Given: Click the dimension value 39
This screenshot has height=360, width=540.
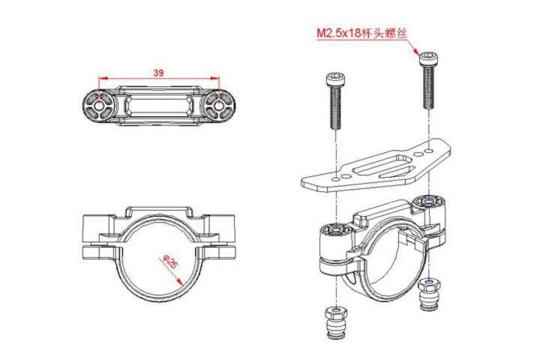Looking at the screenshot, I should pos(158,73).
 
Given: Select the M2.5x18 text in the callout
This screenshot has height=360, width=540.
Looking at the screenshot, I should pos(340,34).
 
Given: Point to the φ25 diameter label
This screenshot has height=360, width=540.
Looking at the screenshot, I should pos(169,262).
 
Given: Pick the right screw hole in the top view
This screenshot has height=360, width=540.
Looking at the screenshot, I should pos(218,106).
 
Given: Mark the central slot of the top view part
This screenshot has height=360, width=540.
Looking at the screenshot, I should pos(158,106).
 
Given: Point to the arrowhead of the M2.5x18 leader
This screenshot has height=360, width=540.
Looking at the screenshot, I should pos(418,52).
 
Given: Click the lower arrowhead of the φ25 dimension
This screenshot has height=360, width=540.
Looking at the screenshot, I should pos(182,282).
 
